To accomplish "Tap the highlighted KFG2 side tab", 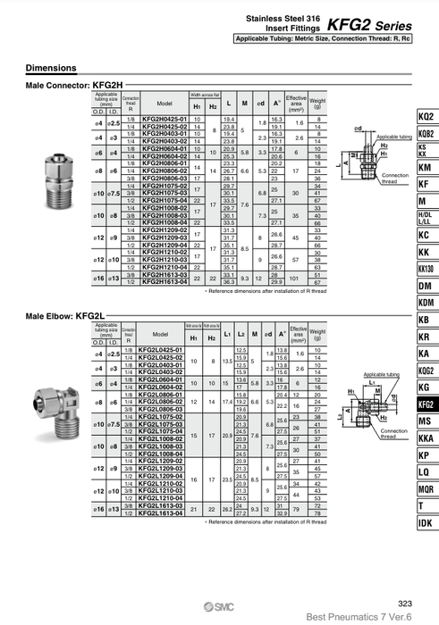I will coord(426,404).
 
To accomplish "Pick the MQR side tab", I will coord(426,488).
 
